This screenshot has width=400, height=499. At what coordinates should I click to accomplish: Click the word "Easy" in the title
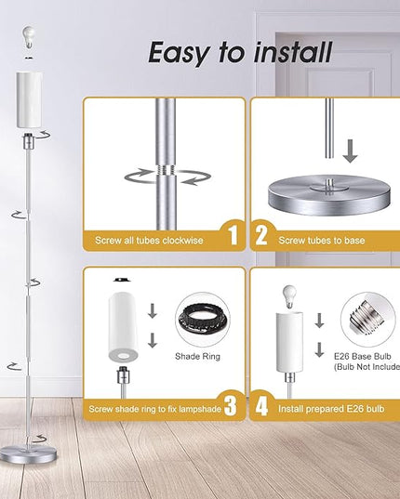tap(180, 53)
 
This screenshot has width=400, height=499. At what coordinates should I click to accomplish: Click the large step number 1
tap(234, 236)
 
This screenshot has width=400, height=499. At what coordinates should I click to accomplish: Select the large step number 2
tap(261, 236)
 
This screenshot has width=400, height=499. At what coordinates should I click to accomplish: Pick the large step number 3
tap(231, 406)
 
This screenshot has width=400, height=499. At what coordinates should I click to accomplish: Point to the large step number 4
tap(261, 406)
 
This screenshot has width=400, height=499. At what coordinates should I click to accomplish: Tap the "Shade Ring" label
tap(197, 356)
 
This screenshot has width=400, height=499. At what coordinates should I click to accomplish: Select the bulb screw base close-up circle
tap(367, 320)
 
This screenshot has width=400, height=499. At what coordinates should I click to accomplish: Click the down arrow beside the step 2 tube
tap(350, 151)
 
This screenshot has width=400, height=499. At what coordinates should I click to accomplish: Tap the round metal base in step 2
tap(329, 195)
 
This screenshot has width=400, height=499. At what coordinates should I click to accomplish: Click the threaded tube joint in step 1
tap(166, 170)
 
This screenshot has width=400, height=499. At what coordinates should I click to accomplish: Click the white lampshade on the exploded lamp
tap(29, 100)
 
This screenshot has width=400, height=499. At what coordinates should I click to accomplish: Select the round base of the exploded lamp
tap(28, 454)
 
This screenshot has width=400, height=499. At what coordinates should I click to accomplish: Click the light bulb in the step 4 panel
tap(289, 296)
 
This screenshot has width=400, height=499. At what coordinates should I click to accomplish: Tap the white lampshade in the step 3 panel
tap(123, 327)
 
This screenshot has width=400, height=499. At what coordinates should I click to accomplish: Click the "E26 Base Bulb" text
tap(363, 356)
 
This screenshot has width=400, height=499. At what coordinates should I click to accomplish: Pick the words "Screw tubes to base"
tap(322, 241)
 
